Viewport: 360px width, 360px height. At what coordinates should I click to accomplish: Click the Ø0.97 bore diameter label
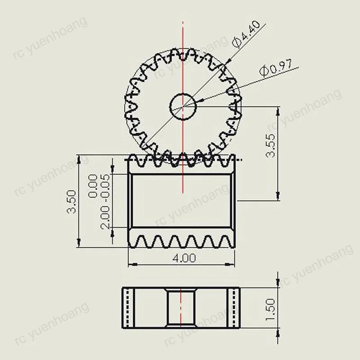(x=276, y=68)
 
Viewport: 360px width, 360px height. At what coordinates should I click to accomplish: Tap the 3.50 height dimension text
(x=72, y=202)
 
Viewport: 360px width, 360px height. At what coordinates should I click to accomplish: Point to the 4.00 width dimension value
(x=183, y=258)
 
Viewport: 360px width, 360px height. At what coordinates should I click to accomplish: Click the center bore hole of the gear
(x=183, y=106)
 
